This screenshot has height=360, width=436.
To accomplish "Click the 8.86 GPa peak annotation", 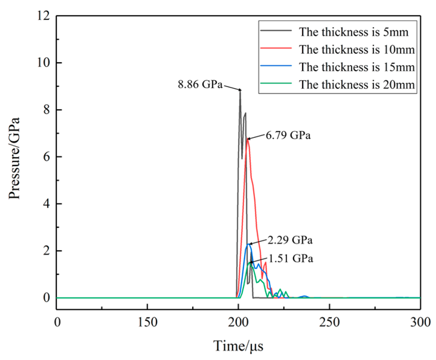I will (200, 84).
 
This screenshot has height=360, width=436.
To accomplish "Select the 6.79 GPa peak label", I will (288, 135).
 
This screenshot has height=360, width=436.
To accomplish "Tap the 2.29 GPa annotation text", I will (290, 240).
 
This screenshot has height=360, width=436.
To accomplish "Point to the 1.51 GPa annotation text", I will (291, 259).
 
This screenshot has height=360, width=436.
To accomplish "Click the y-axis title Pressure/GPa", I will (14, 158).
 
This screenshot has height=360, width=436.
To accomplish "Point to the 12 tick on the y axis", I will (43, 16).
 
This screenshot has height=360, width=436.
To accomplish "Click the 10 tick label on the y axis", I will (43, 63).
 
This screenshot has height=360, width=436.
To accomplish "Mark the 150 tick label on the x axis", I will (147, 322).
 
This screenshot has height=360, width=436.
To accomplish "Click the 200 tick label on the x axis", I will (238, 322).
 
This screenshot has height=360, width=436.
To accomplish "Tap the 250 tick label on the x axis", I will (329, 322).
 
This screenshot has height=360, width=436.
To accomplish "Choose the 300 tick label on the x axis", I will (420, 322).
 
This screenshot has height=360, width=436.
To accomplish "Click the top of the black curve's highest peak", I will (240, 90).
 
